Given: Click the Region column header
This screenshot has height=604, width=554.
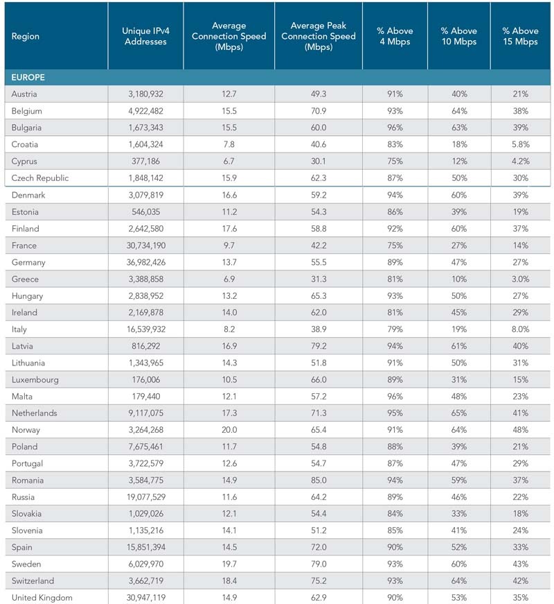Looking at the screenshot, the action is [x=26, y=36].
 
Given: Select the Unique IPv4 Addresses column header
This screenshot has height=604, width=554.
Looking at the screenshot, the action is [x=145, y=36].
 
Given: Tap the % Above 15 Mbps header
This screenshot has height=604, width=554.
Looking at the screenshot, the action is [x=520, y=36].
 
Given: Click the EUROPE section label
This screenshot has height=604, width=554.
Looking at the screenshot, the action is [x=28, y=78].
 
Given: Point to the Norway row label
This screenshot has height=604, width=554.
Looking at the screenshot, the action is [x=26, y=430].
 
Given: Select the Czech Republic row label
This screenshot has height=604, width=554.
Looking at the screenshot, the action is [x=40, y=178].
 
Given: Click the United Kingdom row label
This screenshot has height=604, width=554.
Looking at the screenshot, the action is [x=42, y=598].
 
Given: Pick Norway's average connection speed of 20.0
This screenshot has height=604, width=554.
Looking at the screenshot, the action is [x=229, y=430].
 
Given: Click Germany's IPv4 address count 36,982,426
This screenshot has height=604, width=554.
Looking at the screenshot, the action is [x=146, y=262].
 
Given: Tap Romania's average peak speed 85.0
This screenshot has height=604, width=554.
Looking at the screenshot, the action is [x=319, y=481].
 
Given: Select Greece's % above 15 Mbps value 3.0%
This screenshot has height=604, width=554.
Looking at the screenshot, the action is [x=521, y=279].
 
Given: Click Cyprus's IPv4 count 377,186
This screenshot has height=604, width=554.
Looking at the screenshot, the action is [x=146, y=162].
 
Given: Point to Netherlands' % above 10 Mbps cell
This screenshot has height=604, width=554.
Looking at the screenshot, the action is [x=459, y=413].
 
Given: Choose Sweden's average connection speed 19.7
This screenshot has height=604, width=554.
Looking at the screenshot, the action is [x=229, y=564].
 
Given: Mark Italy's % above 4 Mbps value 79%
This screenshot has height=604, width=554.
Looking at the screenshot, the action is [x=395, y=329].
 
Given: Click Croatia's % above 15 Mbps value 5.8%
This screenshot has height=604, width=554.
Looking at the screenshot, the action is [x=521, y=144].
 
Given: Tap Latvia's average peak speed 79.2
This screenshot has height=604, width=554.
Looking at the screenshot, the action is [x=319, y=346].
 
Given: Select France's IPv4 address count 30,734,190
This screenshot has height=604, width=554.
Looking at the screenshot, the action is [x=146, y=245].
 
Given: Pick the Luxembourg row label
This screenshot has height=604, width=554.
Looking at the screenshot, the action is [x=35, y=380].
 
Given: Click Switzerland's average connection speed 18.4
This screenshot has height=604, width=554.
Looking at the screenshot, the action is [x=229, y=581].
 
